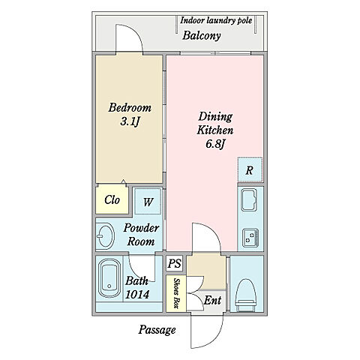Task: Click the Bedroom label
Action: pyautogui.click(x=130, y=107)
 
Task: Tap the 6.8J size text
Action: pyautogui.click(x=216, y=143)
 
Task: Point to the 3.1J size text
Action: pyautogui.click(x=130, y=121)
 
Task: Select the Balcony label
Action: pyautogui.click(x=202, y=35)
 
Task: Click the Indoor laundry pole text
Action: pyautogui.click(x=216, y=20)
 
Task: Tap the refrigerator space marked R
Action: pyautogui.click(x=250, y=169)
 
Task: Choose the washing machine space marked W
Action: pyautogui.click(x=148, y=201)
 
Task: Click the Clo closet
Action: pyautogui.click(x=112, y=199)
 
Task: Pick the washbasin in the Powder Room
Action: pyautogui.click(x=106, y=235)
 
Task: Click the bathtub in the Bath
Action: pyautogui.click(x=109, y=278)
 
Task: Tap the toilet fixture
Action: pyautogui.click(x=246, y=295)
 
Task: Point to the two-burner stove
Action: pyautogui.click(x=250, y=238)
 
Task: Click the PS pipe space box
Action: pyautogui.click(x=174, y=263)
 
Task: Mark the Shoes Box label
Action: pyautogui.click(x=176, y=293)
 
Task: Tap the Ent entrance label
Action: pyautogui.click(x=212, y=300)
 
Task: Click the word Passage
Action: pyautogui.click(x=157, y=330)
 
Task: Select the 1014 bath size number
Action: pyautogui.click(x=137, y=295)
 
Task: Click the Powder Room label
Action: pyautogui.click(x=141, y=235)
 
